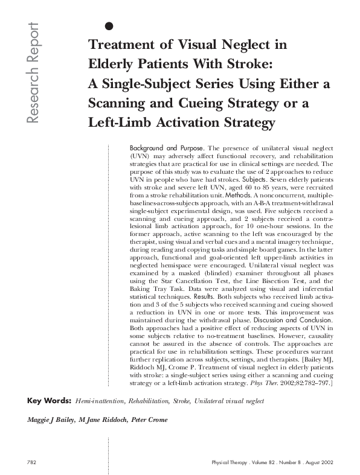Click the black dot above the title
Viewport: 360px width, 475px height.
(109, 25)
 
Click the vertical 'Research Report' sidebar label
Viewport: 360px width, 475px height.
(32, 74)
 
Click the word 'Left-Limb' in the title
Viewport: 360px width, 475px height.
(119, 123)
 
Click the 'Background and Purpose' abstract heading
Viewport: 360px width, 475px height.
(166, 148)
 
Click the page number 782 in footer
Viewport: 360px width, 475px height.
(33, 462)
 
